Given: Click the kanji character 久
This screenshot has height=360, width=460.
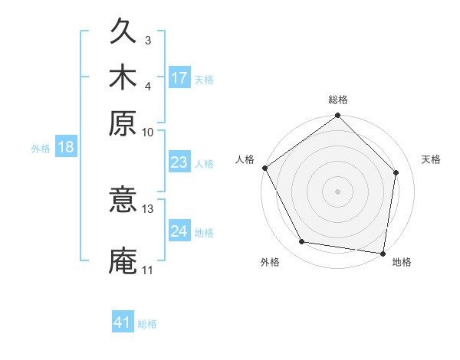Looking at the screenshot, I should (123, 33).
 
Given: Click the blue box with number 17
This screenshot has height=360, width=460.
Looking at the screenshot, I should (179, 78).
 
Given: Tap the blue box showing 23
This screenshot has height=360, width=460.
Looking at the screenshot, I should (179, 162).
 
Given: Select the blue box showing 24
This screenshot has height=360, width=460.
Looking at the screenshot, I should (179, 231).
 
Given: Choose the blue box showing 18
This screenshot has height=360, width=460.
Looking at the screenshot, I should (66, 147).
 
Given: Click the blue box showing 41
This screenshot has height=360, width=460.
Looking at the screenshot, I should (123, 322).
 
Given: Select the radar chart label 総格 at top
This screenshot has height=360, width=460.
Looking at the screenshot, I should (338, 100).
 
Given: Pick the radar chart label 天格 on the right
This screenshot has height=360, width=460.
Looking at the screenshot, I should (431, 159).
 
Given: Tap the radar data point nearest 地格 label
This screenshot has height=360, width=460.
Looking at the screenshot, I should (383, 253).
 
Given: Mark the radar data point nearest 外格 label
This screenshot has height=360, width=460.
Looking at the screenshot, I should (302, 242).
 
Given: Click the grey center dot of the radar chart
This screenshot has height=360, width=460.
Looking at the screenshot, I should (338, 190).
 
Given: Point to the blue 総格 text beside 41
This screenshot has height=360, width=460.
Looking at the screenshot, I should (147, 324).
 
